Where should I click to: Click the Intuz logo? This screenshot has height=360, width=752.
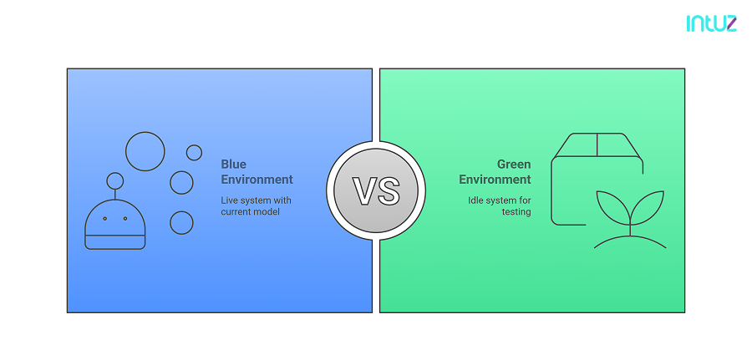coord(711,23)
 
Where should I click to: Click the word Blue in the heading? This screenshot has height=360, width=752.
coord(233,165)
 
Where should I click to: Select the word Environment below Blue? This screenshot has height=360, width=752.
coord(257,180)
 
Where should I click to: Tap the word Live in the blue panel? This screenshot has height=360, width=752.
coord(229,200)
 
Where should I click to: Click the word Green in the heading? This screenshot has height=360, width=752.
coord(514,165)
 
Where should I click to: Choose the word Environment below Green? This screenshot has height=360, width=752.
coord(494,180)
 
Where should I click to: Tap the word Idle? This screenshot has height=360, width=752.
coord(476,200)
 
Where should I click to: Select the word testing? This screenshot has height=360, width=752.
coord(516,212)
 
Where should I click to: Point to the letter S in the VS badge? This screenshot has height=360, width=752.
coord(388,190)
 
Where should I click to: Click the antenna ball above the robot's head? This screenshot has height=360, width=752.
coord(115,180)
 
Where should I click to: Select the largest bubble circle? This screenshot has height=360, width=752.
coord(145,151)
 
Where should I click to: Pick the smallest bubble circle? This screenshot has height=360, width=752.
coord(194,153)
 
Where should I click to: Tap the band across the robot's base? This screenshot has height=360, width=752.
coord(115,242)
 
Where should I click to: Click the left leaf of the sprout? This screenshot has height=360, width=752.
coord(609,205)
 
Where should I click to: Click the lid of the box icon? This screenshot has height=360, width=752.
coord(597,145)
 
